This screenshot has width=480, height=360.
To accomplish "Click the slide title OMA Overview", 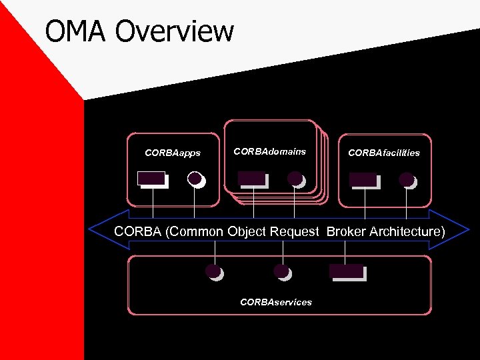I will click(x=139, y=31).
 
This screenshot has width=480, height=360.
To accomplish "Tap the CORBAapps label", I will click(x=173, y=153).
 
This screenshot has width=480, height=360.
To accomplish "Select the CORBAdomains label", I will click(x=269, y=151).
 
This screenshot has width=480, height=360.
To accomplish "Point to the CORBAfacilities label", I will click(x=384, y=153).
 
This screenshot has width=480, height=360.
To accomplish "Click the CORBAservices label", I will click(x=275, y=302).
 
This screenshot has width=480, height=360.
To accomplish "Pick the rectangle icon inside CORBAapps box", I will click(x=151, y=179).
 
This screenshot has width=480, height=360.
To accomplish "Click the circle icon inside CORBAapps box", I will click(x=195, y=179).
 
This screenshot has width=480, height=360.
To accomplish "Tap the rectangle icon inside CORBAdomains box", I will click(x=251, y=179).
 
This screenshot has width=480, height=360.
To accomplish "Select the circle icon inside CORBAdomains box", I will click(x=295, y=178).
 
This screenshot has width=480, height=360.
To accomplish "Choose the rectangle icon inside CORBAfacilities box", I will click(x=363, y=179).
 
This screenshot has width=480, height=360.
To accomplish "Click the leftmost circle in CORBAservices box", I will click(x=213, y=271).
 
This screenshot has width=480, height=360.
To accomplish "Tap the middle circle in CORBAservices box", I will click(x=282, y=271).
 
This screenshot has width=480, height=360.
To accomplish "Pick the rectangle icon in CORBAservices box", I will click(x=347, y=271).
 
